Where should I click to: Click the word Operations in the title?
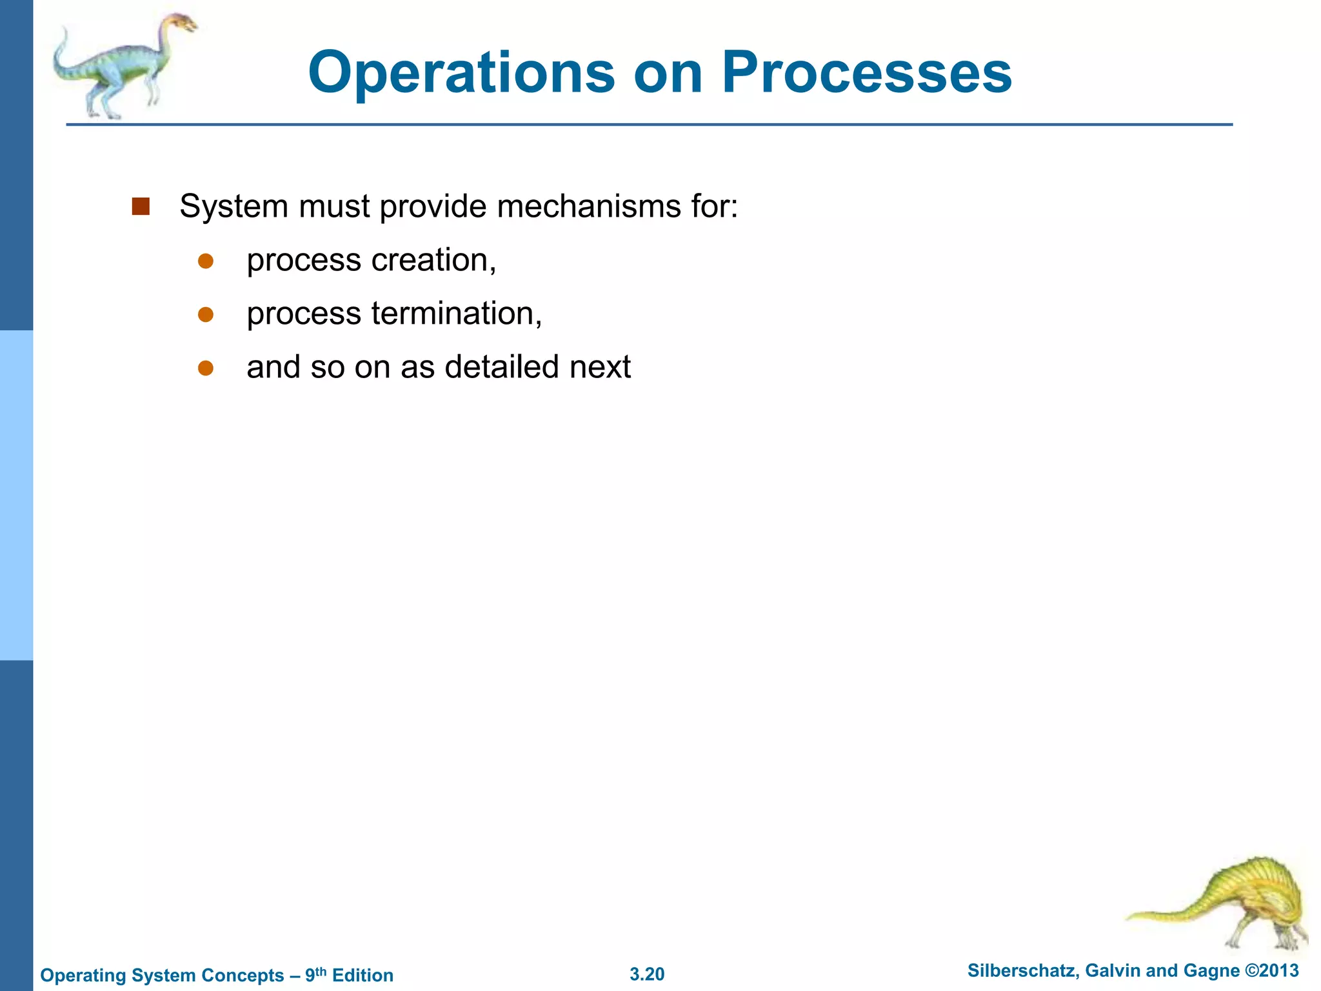[461, 72]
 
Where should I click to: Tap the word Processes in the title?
[866, 72]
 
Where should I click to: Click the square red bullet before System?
[141, 206]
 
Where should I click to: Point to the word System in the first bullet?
[233, 206]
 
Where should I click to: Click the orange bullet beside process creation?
[206, 261]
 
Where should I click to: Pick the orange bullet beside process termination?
[206, 314]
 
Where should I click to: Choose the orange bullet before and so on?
[206, 368]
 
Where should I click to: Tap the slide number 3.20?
[647, 974]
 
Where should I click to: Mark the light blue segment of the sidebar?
[16, 495]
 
